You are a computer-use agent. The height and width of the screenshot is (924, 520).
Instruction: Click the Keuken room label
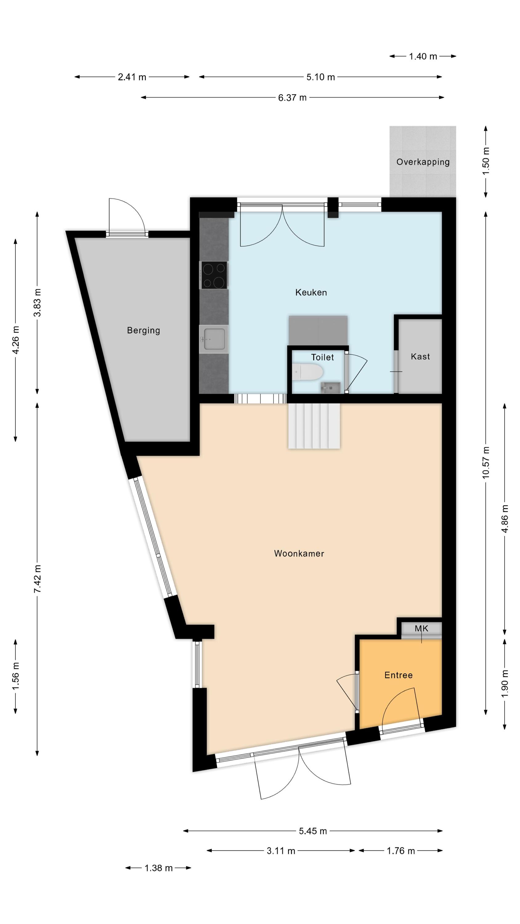[x=311, y=292]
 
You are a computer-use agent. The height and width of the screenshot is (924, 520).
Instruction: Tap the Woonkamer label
[x=299, y=553]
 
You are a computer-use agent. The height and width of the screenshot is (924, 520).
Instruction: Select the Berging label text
[x=143, y=330]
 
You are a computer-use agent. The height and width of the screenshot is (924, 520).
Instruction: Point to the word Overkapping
[x=423, y=162]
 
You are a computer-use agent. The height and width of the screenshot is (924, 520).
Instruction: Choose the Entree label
[x=398, y=675]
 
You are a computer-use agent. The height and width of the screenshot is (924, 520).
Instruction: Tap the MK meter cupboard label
[x=421, y=628]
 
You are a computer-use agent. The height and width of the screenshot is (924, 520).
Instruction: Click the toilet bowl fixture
[x=307, y=372]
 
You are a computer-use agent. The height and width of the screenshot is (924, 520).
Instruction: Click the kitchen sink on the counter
[x=213, y=339]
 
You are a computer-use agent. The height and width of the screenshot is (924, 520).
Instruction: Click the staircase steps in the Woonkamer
[x=314, y=426]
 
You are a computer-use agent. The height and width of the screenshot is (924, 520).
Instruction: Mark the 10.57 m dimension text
[x=485, y=462]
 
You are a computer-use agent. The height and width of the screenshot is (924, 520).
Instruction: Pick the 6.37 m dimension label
[x=292, y=98]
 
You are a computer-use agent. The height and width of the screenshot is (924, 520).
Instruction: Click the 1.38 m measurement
[x=158, y=868]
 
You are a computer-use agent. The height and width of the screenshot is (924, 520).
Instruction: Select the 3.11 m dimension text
[x=281, y=851]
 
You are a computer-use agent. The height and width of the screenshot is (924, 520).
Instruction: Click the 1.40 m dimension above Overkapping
[x=423, y=56]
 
